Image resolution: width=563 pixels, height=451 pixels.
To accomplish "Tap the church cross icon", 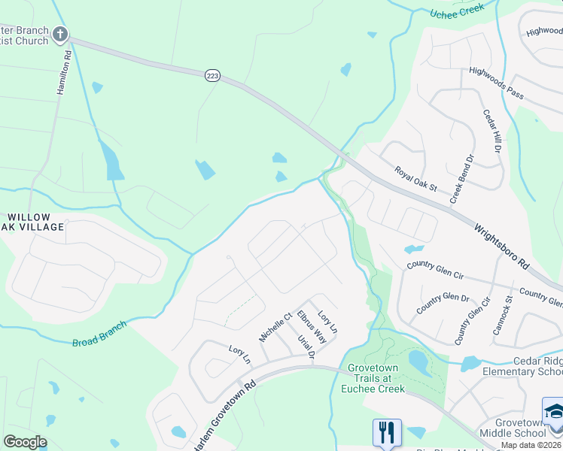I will point(59,35).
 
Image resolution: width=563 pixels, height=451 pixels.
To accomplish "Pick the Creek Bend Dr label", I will point(463,181).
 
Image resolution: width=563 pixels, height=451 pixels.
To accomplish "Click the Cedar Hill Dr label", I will point(491,130).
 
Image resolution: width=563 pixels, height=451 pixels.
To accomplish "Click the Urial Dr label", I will point(304,347).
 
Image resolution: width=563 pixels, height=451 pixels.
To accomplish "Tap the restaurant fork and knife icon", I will point(387,432).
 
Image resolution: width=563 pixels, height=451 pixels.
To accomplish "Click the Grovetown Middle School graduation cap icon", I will point(553,412).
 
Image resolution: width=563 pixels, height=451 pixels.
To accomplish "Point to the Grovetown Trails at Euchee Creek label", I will point(376,378).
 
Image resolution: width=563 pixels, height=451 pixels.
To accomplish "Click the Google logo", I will point(26,442).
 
